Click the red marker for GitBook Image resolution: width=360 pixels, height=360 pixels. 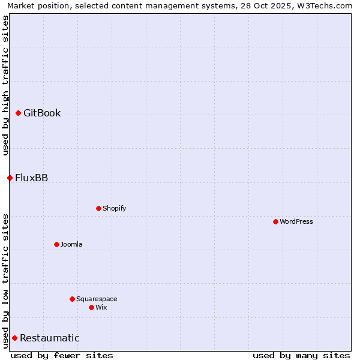[19, 113]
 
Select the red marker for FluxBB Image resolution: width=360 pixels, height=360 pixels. [10, 178]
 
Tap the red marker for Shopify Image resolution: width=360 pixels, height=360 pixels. [98, 209]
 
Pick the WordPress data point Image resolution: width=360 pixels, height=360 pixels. [275, 222]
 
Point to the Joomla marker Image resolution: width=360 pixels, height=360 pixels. [56, 245]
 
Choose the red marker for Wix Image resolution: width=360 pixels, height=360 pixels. [91, 308]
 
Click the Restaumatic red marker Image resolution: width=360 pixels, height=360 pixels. [14, 338]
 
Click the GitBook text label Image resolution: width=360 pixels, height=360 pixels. [42, 113]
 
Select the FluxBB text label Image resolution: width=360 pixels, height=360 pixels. [31, 178]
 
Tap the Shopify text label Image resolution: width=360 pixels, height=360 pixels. [114, 209]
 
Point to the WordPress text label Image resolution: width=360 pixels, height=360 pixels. [296, 222]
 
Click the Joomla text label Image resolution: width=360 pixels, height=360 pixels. [71, 245]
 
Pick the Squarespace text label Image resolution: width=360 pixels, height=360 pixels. [97, 299]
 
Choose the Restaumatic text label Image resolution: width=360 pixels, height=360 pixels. [49, 338]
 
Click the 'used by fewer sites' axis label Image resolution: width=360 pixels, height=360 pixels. [62, 356]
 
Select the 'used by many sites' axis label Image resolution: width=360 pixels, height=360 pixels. [301, 356]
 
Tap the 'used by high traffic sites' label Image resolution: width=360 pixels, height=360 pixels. [5, 85]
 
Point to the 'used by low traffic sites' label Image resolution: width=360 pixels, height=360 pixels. [5, 281]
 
